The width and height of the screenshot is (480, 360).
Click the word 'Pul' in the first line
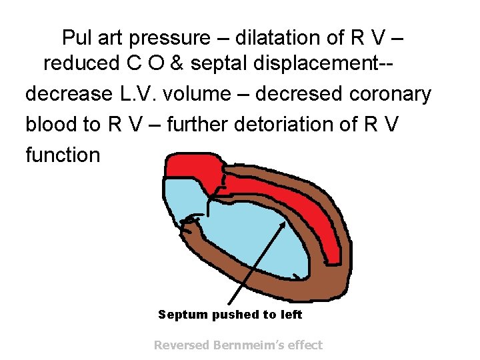point(76,38)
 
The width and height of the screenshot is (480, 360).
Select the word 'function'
point(63,155)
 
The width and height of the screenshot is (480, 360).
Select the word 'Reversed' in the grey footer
point(181,345)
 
